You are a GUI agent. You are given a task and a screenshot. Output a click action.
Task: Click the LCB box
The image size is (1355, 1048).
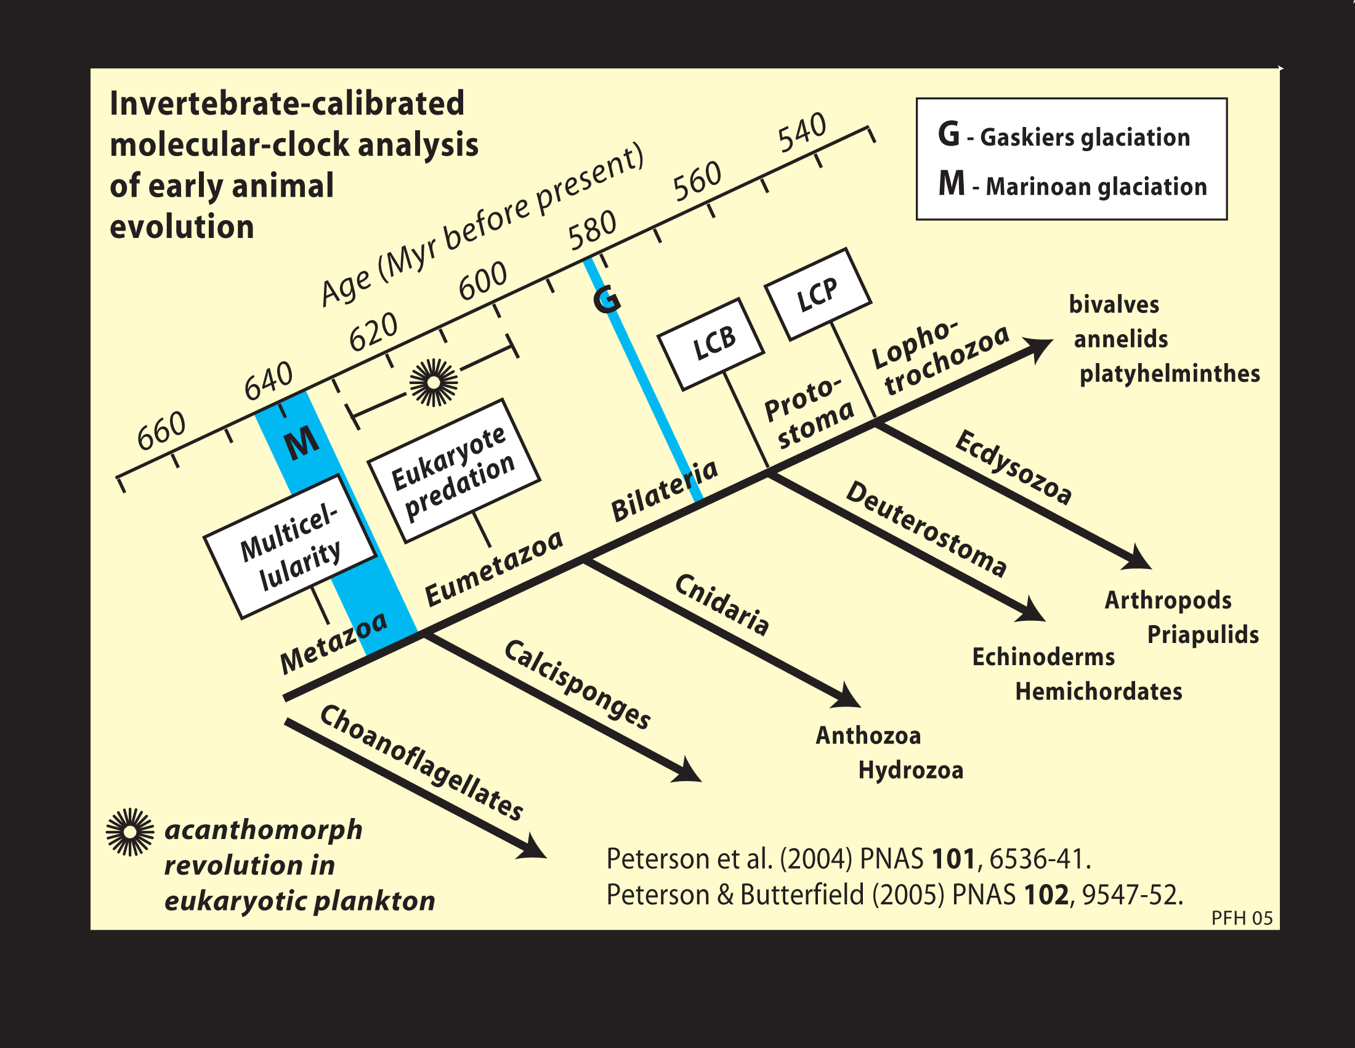711,344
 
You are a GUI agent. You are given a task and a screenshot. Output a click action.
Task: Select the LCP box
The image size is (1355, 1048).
818,293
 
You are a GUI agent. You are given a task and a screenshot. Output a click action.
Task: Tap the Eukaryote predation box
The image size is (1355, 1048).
454,470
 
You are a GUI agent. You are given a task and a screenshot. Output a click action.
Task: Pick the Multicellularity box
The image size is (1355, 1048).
289,546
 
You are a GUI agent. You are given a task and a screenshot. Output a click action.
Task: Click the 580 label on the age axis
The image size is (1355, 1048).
593,229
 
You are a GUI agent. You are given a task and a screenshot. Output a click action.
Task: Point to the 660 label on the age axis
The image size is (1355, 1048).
161,430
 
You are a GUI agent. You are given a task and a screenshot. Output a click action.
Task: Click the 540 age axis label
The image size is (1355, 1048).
802,133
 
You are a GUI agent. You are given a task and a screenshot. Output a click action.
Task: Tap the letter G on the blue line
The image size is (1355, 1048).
606,299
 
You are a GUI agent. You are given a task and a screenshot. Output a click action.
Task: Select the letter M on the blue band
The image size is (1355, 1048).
302,442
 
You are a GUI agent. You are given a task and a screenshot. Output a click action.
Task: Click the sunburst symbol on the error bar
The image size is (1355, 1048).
434,382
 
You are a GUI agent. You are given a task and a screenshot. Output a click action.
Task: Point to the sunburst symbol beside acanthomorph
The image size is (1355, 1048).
130,832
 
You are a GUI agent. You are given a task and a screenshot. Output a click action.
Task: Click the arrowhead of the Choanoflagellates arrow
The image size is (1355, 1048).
533,849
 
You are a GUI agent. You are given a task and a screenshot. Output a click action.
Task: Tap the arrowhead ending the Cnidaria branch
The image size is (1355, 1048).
848,698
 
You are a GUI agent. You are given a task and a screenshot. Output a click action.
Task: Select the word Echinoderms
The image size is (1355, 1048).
1043,657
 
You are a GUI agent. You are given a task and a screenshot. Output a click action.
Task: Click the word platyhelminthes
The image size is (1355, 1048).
1170,374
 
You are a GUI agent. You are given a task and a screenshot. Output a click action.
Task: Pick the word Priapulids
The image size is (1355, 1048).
1202,634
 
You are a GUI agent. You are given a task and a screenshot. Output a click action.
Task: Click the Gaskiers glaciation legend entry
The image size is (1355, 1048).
1064,136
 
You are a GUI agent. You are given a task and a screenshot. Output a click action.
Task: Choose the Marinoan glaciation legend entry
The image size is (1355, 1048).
1072,185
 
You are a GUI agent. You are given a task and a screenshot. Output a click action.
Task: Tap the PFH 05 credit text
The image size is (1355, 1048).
1242,919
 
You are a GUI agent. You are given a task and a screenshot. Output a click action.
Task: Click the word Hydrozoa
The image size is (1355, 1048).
910,770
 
